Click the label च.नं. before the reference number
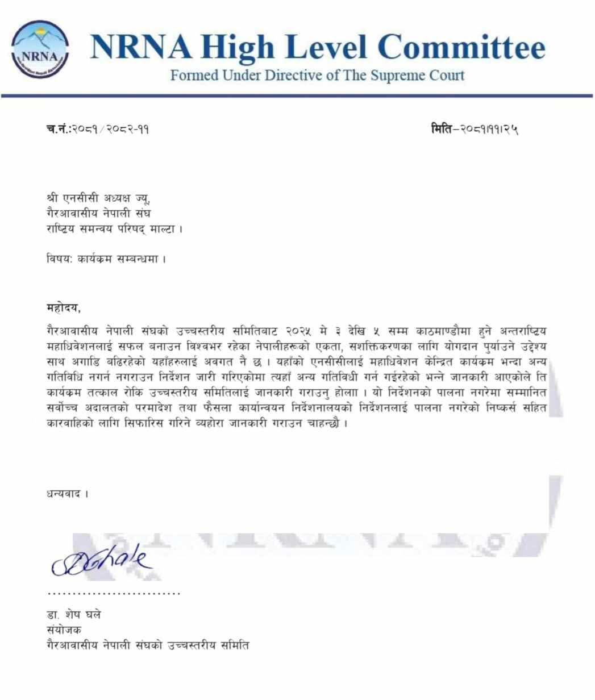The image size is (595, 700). (59, 129)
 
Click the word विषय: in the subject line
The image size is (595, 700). (59, 259)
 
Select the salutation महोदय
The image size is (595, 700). (64, 308)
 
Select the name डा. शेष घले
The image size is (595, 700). (74, 615)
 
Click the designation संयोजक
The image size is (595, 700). (64, 630)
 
